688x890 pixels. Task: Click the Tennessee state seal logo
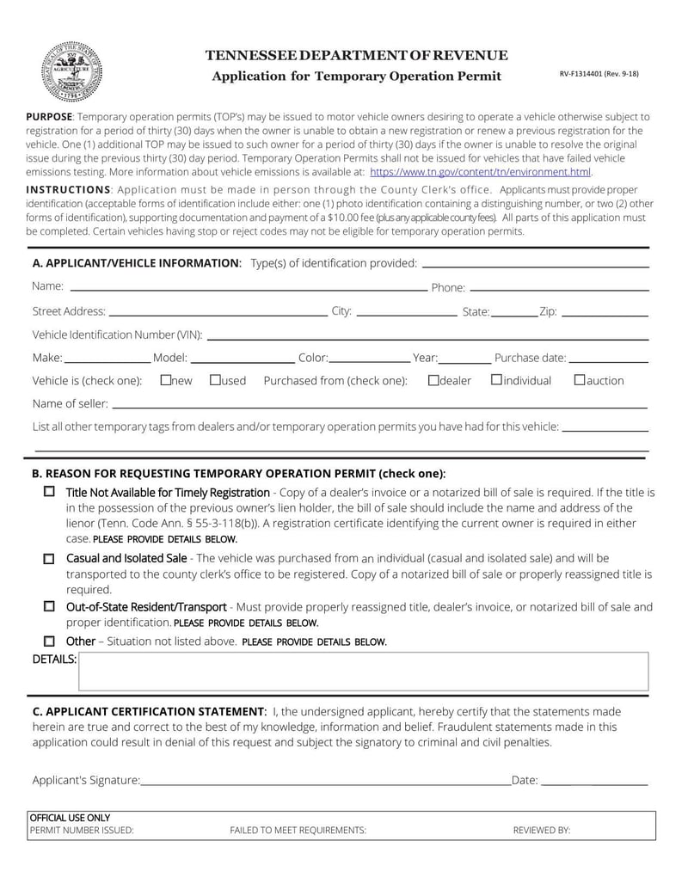[x=72, y=71]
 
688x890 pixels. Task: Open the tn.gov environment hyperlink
[x=480, y=172]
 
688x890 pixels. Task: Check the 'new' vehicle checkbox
[x=166, y=379]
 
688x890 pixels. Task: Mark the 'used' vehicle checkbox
[x=215, y=379]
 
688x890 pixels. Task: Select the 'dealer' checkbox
[x=433, y=379]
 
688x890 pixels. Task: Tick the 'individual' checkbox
[x=496, y=379]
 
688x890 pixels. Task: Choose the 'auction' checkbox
[x=579, y=379]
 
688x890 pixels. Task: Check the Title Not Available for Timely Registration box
[x=49, y=492]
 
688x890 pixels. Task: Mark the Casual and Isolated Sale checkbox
[x=49, y=558]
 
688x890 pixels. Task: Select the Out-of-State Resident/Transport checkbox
[x=49, y=606]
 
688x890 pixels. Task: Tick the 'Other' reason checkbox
[x=49, y=641]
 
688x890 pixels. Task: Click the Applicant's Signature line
[x=325, y=782]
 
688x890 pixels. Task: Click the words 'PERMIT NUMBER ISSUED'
[x=82, y=831]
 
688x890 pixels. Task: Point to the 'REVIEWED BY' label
[x=542, y=831]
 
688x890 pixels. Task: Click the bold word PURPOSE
[x=49, y=116]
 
